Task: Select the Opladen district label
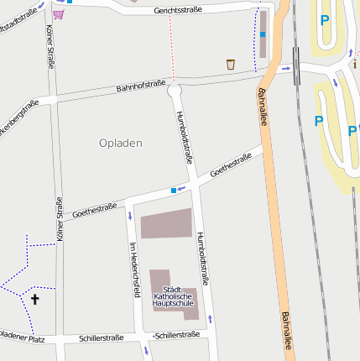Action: click(121, 143)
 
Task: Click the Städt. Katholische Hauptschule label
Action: click(173, 296)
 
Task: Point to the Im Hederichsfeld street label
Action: click(133, 270)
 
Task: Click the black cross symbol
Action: click(35, 299)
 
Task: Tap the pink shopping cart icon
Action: click(58, 14)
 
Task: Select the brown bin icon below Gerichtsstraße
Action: click(231, 64)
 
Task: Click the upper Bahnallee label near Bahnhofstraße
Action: click(263, 107)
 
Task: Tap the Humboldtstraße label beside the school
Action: click(201, 261)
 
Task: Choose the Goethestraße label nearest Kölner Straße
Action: click(95, 209)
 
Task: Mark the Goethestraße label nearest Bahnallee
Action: click(231, 165)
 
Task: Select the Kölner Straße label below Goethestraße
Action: click(59, 221)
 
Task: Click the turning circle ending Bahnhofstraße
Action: click(175, 90)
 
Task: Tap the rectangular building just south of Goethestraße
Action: click(166, 224)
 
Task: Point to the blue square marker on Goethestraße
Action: click(174, 191)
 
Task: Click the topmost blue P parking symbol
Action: click(324, 20)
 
